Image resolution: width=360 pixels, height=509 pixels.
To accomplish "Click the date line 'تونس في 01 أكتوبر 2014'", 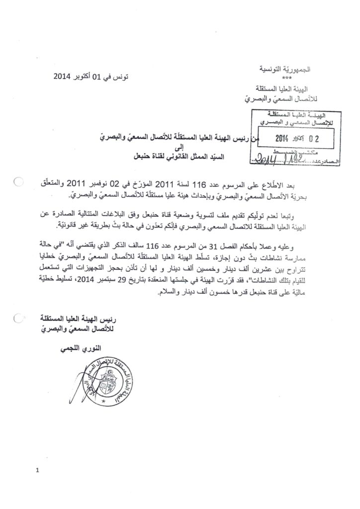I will click(90, 77).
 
